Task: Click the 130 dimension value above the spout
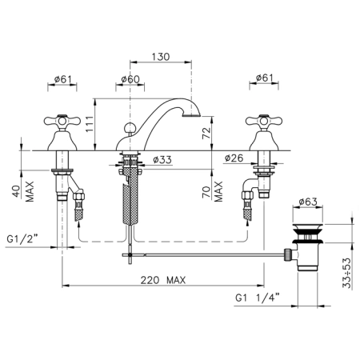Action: coord(161,57)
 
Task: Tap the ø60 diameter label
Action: coord(130,79)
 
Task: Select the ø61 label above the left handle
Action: coord(62,79)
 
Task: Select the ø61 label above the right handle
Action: coord(265,78)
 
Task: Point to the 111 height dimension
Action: coord(90,124)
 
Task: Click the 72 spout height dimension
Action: coord(206,133)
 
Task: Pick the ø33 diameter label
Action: coord(162,160)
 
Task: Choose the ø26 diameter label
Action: coord(234,158)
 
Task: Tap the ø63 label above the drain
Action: coord(308,202)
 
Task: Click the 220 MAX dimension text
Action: coord(163,280)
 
